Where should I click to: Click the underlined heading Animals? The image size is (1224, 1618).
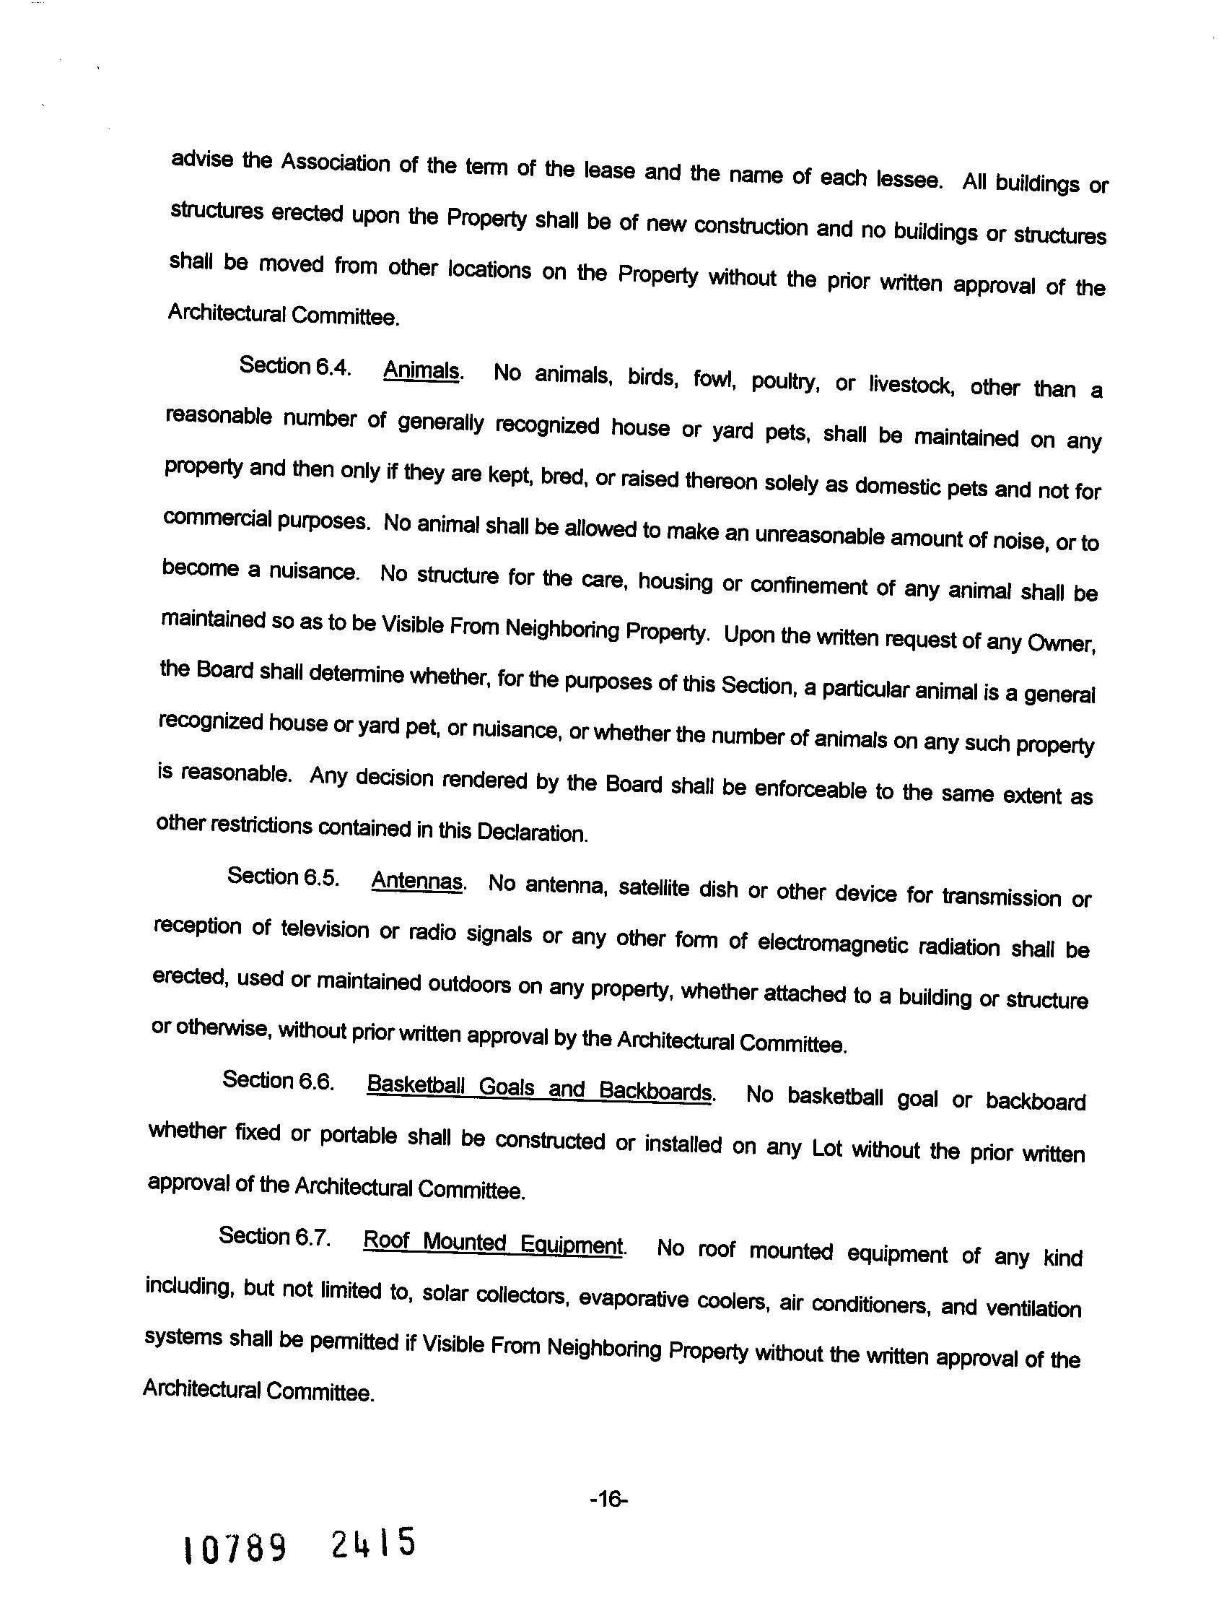pos(422,370)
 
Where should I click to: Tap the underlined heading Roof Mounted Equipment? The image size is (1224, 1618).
pos(493,1243)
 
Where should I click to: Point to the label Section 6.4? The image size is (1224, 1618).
pos(294,366)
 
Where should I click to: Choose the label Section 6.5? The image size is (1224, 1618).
pos(283,877)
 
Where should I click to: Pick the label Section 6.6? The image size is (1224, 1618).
pos(279,1080)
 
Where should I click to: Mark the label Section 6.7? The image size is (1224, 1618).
pos(275,1236)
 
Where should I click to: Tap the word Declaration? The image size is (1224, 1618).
pos(532,832)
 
